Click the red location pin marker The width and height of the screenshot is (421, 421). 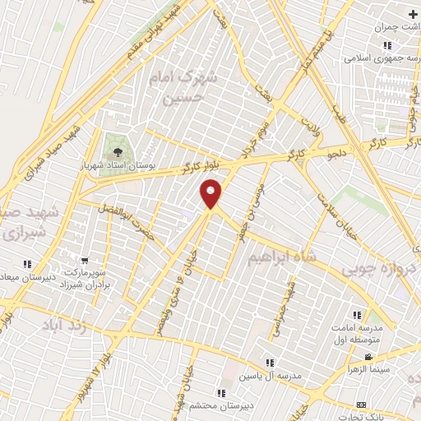click(212, 192)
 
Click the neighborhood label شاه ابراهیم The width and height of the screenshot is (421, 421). click(280, 259)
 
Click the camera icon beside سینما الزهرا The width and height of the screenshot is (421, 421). click(368, 357)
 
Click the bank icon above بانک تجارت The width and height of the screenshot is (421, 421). click(361, 405)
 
